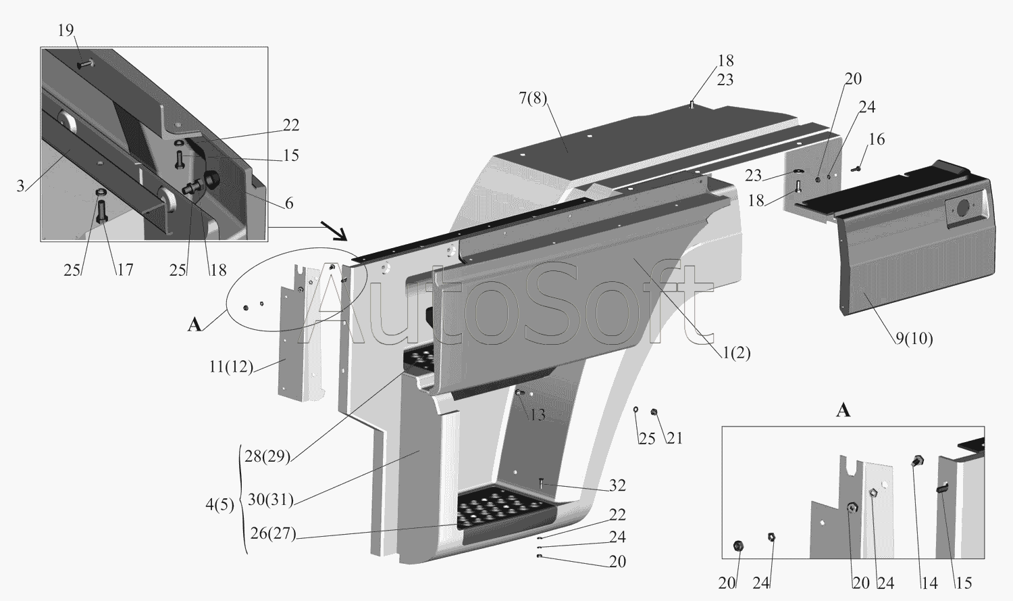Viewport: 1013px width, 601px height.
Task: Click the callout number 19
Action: [x=66, y=30]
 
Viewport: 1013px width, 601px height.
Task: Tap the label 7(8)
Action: [x=533, y=98]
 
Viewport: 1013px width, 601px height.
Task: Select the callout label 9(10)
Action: [x=914, y=339]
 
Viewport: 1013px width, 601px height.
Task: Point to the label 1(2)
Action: [x=736, y=353]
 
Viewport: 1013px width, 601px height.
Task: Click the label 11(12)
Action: [x=231, y=366]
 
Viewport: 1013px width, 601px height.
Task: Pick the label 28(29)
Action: [x=267, y=456]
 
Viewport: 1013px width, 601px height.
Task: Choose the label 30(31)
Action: [x=271, y=500]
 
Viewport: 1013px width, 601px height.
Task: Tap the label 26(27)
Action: [x=273, y=534]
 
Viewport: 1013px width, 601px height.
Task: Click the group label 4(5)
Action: [x=219, y=505]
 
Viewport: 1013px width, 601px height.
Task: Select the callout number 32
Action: [x=617, y=485]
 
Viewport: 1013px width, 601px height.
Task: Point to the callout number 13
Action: [x=538, y=415]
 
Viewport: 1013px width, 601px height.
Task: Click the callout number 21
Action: [x=674, y=438]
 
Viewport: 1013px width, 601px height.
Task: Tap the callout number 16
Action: [x=877, y=139]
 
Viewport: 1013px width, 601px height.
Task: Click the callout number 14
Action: [x=929, y=583]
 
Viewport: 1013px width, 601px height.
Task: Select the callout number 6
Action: [x=289, y=203]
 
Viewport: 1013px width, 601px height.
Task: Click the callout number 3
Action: [x=20, y=186]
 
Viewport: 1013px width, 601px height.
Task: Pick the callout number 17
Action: [x=125, y=270]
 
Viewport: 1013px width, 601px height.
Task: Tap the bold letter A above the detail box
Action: [x=843, y=411]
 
